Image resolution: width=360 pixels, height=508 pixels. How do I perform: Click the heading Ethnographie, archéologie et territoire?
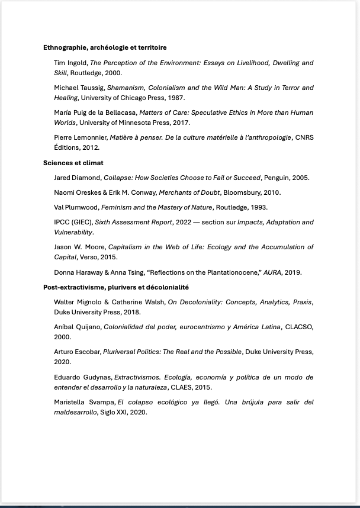point(105,47)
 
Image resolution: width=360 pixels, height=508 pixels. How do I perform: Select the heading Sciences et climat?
point(73,163)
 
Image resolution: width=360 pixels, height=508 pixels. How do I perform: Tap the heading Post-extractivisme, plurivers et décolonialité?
point(116,287)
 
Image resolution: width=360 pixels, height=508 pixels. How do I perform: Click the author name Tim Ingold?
point(70,63)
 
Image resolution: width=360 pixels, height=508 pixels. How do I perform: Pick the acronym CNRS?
point(304,137)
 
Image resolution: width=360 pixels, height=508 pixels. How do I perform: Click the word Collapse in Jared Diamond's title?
point(118,178)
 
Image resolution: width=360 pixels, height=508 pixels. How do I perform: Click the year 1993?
point(258,207)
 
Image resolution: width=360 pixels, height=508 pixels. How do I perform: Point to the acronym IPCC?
point(62,223)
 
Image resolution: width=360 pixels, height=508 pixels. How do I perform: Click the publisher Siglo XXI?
point(115,412)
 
